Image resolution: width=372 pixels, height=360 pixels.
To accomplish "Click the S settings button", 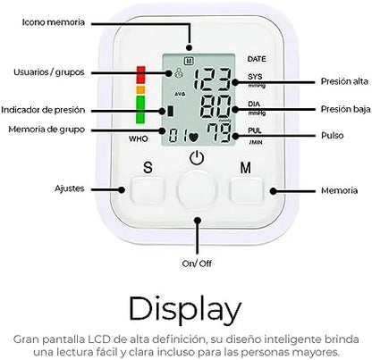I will click(148, 188).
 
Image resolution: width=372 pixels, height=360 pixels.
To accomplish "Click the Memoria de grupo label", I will click(46, 130).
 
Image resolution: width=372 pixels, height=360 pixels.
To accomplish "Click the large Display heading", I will click(185, 308).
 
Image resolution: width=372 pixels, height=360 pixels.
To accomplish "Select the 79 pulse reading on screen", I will click(218, 137).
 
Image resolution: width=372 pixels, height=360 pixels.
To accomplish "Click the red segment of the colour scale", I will click(140, 73).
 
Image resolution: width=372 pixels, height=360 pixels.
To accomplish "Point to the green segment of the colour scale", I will click(140, 108).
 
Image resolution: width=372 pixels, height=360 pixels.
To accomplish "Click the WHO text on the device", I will click(138, 139).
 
